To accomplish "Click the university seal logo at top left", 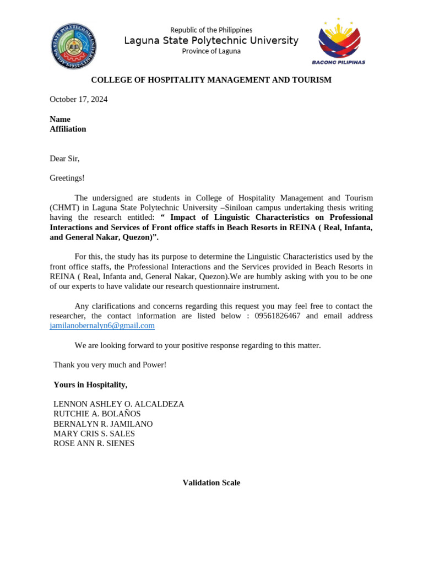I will coord(73,46).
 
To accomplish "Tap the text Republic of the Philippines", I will coord(211,30).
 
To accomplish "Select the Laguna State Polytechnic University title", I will coord(211,41).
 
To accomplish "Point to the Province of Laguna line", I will coord(211,51).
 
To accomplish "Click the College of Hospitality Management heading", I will coord(211,80).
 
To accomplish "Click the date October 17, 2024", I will coord(78,99).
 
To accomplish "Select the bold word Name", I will coord(60,119).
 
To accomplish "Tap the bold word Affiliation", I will coord(68,129).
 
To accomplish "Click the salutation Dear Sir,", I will coord(64,159).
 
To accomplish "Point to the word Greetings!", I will coord(67,178).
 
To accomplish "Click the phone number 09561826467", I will coord(278,316).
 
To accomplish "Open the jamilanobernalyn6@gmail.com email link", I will coord(102,326).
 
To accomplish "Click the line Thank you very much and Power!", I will coord(110,365).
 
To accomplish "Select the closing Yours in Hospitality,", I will coord(90,384).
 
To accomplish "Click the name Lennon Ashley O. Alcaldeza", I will coord(118,404).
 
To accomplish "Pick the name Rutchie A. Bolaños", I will coord(97,414).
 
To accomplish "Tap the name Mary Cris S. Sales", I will coord(94,433).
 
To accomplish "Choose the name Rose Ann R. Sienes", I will coord(94,443).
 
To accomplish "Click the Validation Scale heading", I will coord(211,482).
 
